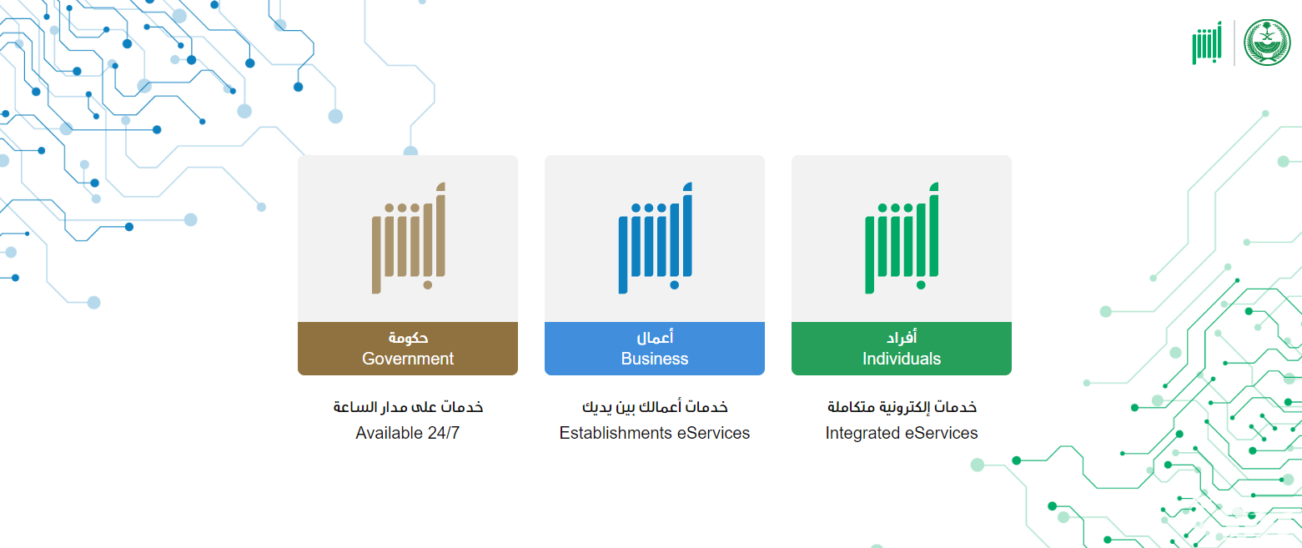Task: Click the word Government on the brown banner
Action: pyautogui.click(x=408, y=359)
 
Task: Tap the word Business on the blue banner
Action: pyautogui.click(x=655, y=359)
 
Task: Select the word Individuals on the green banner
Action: pyautogui.click(x=902, y=359)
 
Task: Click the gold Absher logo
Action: pyautogui.click(x=409, y=238)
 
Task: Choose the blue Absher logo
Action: pyautogui.click(x=655, y=238)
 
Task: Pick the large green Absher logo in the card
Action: pyautogui.click(x=902, y=238)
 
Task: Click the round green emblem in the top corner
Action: pyautogui.click(x=1267, y=43)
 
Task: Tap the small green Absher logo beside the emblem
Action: pyautogui.click(x=1207, y=43)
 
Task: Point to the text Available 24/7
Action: pyautogui.click(x=408, y=433)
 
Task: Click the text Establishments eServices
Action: pyautogui.click(x=655, y=433)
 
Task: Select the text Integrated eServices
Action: pyautogui.click(x=902, y=433)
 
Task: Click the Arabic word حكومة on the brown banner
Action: pyautogui.click(x=408, y=337)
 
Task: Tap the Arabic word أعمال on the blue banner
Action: pyautogui.click(x=655, y=337)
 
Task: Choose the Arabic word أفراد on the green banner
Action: pyautogui.click(x=902, y=337)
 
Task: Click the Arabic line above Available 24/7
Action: pyautogui.click(x=408, y=407)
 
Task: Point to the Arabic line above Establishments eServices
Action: pyautogui.click(x=655, y=407)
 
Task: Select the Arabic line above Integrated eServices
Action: pyautogui.click(x=902, y=407)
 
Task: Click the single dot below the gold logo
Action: pyautogui.click(x=428, y=284)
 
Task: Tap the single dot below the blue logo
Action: pyautogui.click(x=674, y=284)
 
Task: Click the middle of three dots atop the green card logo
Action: pyautogui.click(x=896, y=208)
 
